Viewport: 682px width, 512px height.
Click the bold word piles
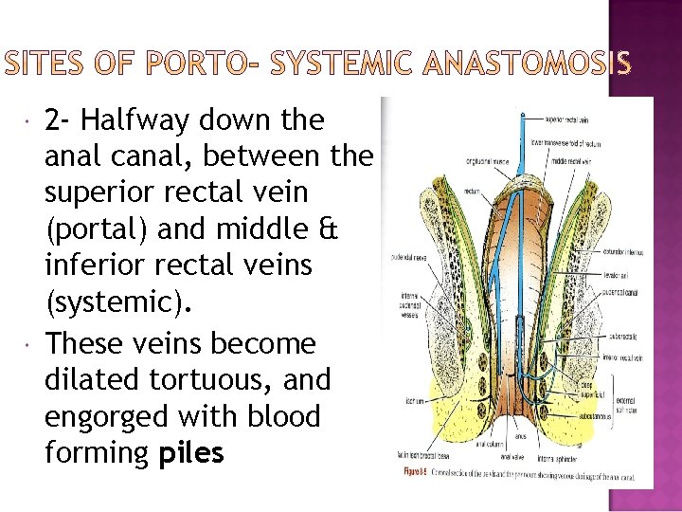(191, 453)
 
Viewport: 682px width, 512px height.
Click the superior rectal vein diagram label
(567, 119)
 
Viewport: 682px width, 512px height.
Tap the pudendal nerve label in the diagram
(405, 256)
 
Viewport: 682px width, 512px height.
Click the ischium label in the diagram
(412, 400)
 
